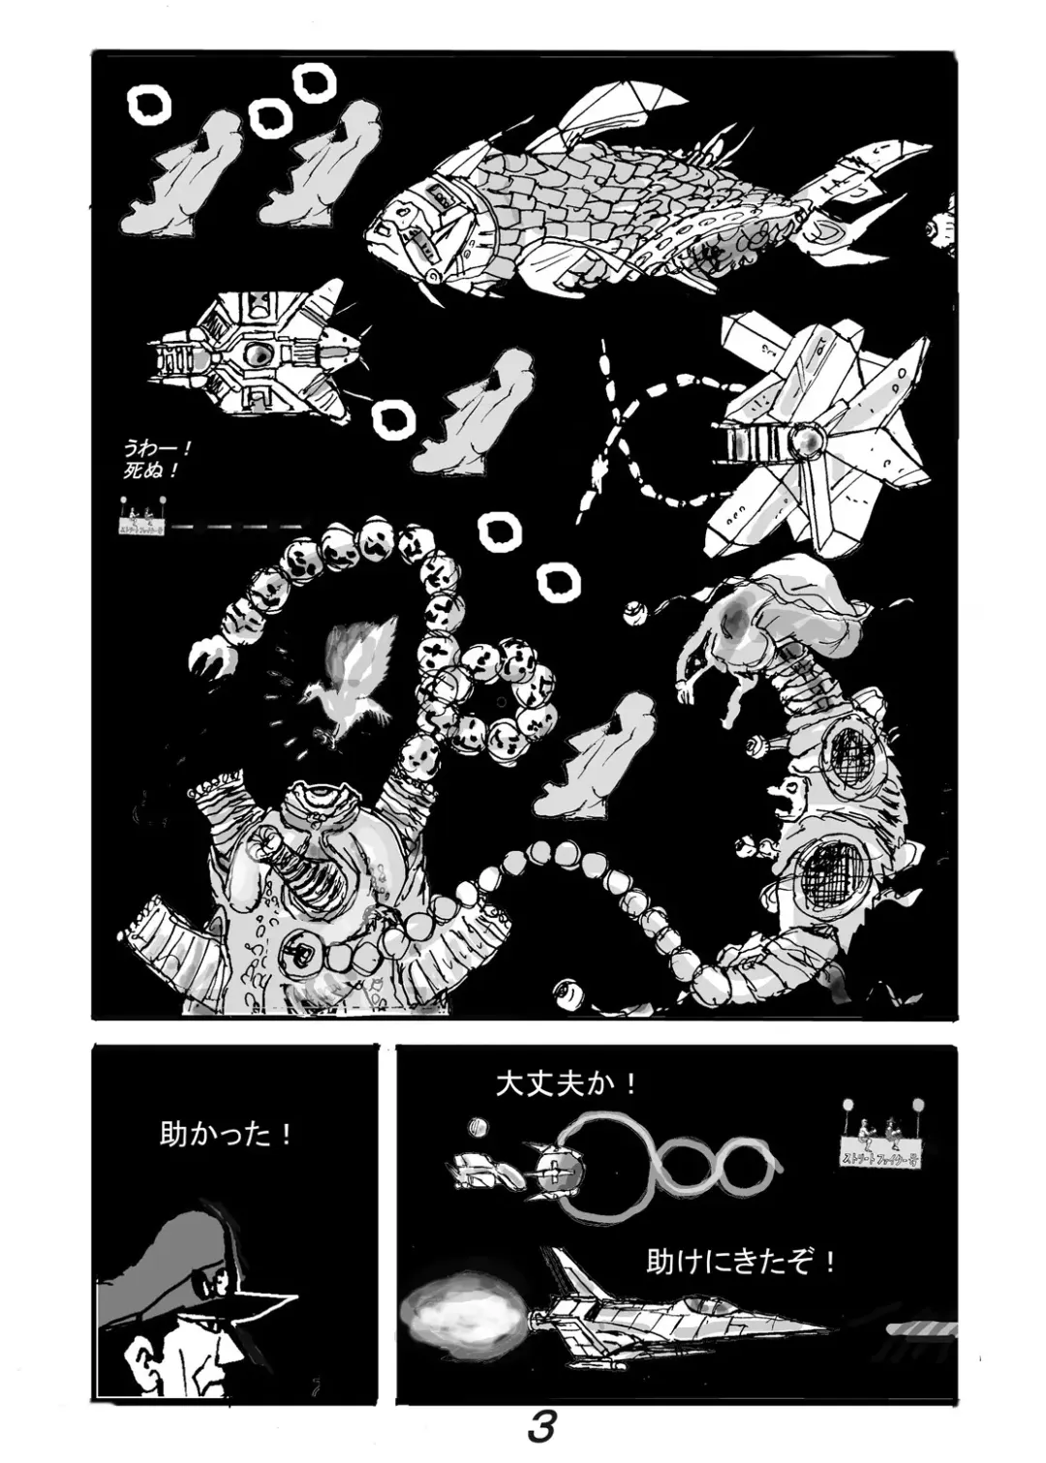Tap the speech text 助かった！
click(226, 1134)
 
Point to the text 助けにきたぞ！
click(740, 1263)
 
